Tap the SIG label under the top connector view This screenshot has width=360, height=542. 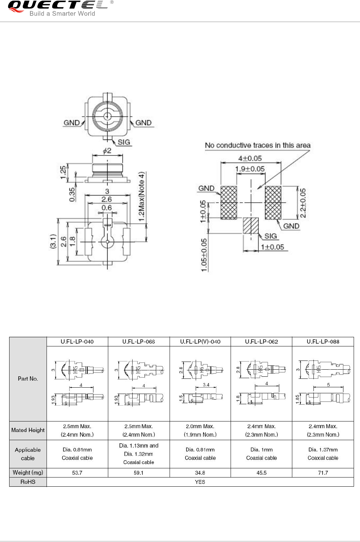point(124,142)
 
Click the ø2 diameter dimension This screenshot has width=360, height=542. point(107,151)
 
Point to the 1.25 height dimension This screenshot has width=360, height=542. point(63,172)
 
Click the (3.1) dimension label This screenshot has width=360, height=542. point(53,242)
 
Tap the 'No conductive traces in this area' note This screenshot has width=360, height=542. point(257,145)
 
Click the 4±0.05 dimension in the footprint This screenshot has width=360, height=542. point(250,158)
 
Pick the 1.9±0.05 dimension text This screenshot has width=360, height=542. point(250,169)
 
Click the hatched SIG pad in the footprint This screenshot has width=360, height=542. point(251,226)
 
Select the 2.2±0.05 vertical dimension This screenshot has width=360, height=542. point(303,203)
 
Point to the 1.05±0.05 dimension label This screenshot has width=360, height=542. point(204,255)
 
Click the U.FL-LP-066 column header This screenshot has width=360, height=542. point(139,341)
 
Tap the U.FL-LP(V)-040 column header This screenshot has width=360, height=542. point(200,341)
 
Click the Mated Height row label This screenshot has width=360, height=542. point(28,430)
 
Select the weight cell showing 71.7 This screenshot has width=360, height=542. point(323,473)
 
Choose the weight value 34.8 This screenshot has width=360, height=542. point(200,473)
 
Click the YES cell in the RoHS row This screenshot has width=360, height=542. point(200,482)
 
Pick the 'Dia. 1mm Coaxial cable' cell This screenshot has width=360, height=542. point(262,454)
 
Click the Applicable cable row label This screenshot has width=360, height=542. point(28,454)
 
